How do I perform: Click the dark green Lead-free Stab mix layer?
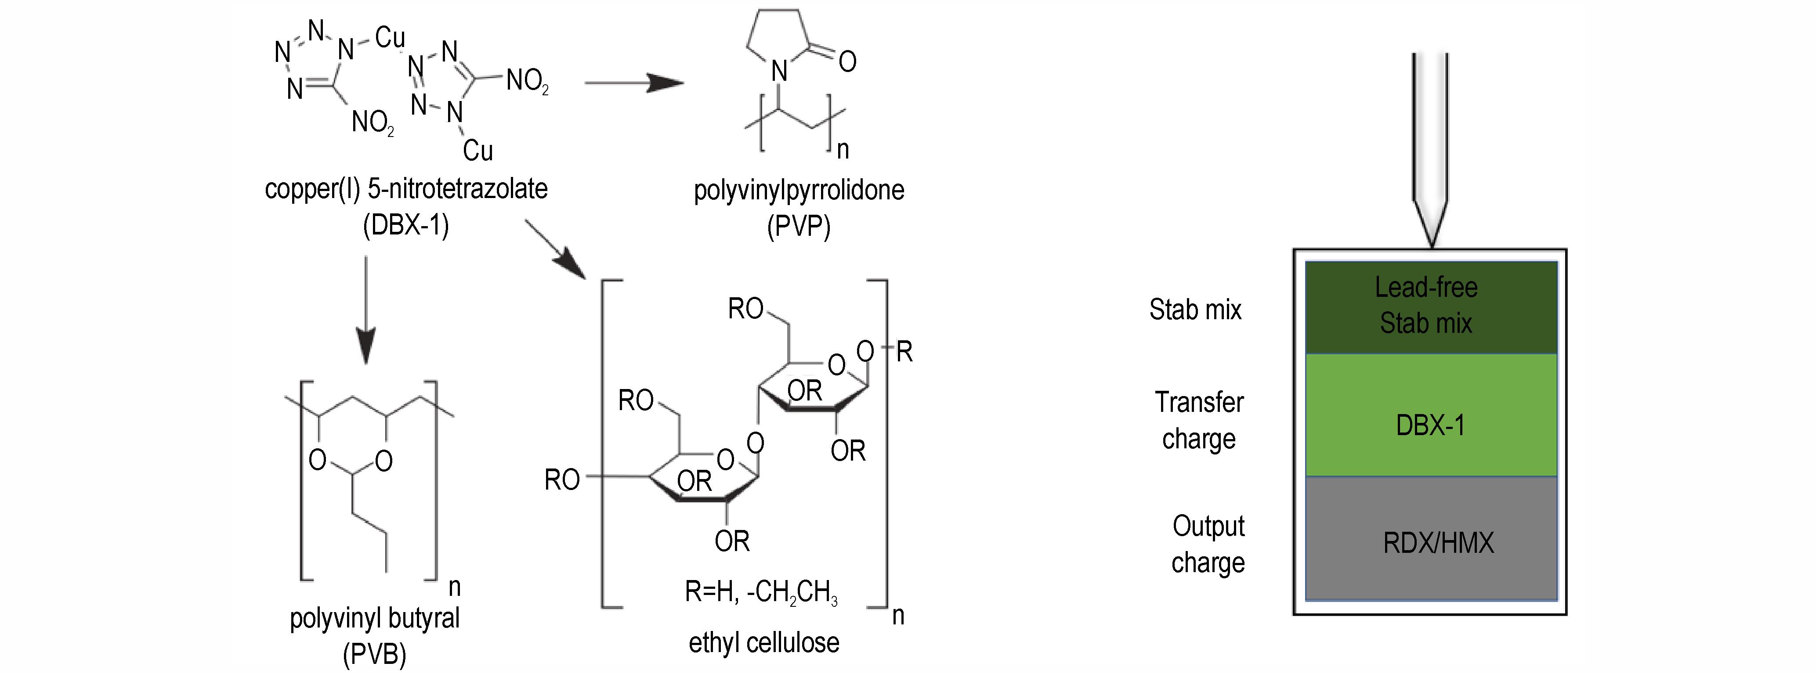pyautogui.click(x=1431, y=307)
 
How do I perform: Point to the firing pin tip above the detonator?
pyautogui.click(x=1432, y=247)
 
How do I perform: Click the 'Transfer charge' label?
pyautogui.click(x=1199, y=420)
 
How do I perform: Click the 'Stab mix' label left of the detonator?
pyautogui.click(x=1196, y=310)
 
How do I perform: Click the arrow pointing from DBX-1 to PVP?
pyautogui.click(x=634, y=83)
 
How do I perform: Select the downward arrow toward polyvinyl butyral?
pyautogui.click(x=366, y=310)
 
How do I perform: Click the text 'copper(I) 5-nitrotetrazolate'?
pyautogui.click(x=406, y=189)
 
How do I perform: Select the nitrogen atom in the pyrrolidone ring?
pyautogui.click(x=779, y=71)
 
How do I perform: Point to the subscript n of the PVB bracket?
pyautogui.click(x=455, y=587)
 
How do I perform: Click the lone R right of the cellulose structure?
pyautogui.click(x=904, y=351)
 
